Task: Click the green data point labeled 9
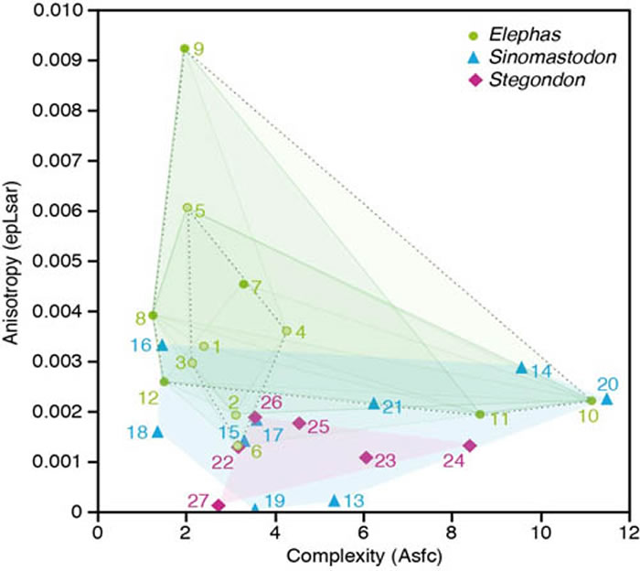185,48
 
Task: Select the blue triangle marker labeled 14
522,367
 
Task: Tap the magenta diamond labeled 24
469,446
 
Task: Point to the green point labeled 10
592,401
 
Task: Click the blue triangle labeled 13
335,500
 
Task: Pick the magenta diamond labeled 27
219,505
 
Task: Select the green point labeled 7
243,285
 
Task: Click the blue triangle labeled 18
158,431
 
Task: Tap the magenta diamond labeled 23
366,458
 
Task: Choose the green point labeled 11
480,415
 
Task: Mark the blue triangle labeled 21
373,404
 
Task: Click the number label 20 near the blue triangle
608,383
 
